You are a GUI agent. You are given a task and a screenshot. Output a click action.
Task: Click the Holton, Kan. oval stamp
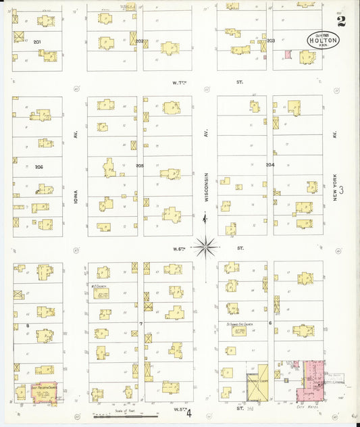point(323,40)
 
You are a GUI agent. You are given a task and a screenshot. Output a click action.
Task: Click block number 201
point(38,42)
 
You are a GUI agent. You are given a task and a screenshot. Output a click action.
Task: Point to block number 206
point(38,166)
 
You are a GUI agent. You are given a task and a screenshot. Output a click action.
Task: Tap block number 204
point(269,164)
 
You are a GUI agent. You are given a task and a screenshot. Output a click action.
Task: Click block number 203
point(270,41)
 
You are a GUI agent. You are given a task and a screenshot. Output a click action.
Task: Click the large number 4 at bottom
point(190,412)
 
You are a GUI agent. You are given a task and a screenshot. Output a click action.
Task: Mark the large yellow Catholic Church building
point(256,383)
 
